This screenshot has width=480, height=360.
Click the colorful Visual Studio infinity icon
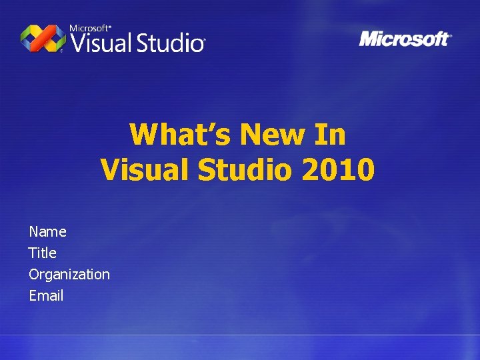43,38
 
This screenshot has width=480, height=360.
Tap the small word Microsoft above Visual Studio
89,28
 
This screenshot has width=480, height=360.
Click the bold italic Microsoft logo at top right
403,39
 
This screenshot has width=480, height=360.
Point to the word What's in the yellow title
180,135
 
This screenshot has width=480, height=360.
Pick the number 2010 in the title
338,169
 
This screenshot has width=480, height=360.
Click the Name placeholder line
47,231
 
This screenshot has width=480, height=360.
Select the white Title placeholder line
43,253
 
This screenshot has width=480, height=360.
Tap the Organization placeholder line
69,274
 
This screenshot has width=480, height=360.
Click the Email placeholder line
46,295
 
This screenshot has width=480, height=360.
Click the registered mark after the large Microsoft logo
451,35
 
